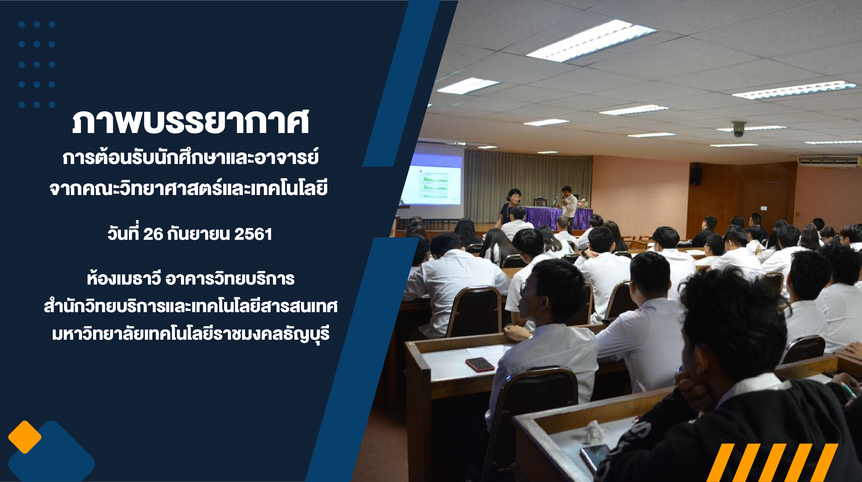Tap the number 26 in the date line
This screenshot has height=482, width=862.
click(x=153, y=234)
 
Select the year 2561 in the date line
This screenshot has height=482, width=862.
click(x=253, y=234)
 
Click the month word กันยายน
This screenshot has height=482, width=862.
click(x=198, y=234)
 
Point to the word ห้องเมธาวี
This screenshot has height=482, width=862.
click(x=124, y=278)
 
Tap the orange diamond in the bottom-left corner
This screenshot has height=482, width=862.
click(x=25, y=437)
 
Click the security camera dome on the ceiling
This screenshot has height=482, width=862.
click(x=739, y=129)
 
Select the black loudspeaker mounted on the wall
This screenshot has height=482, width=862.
click(x=696, y=176)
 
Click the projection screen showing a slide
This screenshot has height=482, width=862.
click(x=432, y=179)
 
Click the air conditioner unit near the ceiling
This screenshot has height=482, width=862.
click(x=829, y=161)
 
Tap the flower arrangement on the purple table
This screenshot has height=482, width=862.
click(x=583, y=203)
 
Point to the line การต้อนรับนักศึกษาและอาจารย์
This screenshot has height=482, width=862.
click(x=191, y=157)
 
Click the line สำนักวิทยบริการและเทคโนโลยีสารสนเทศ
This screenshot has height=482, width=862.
click(x=191, y=306)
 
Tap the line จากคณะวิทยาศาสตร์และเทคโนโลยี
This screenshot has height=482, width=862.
click(x=189, y=188)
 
